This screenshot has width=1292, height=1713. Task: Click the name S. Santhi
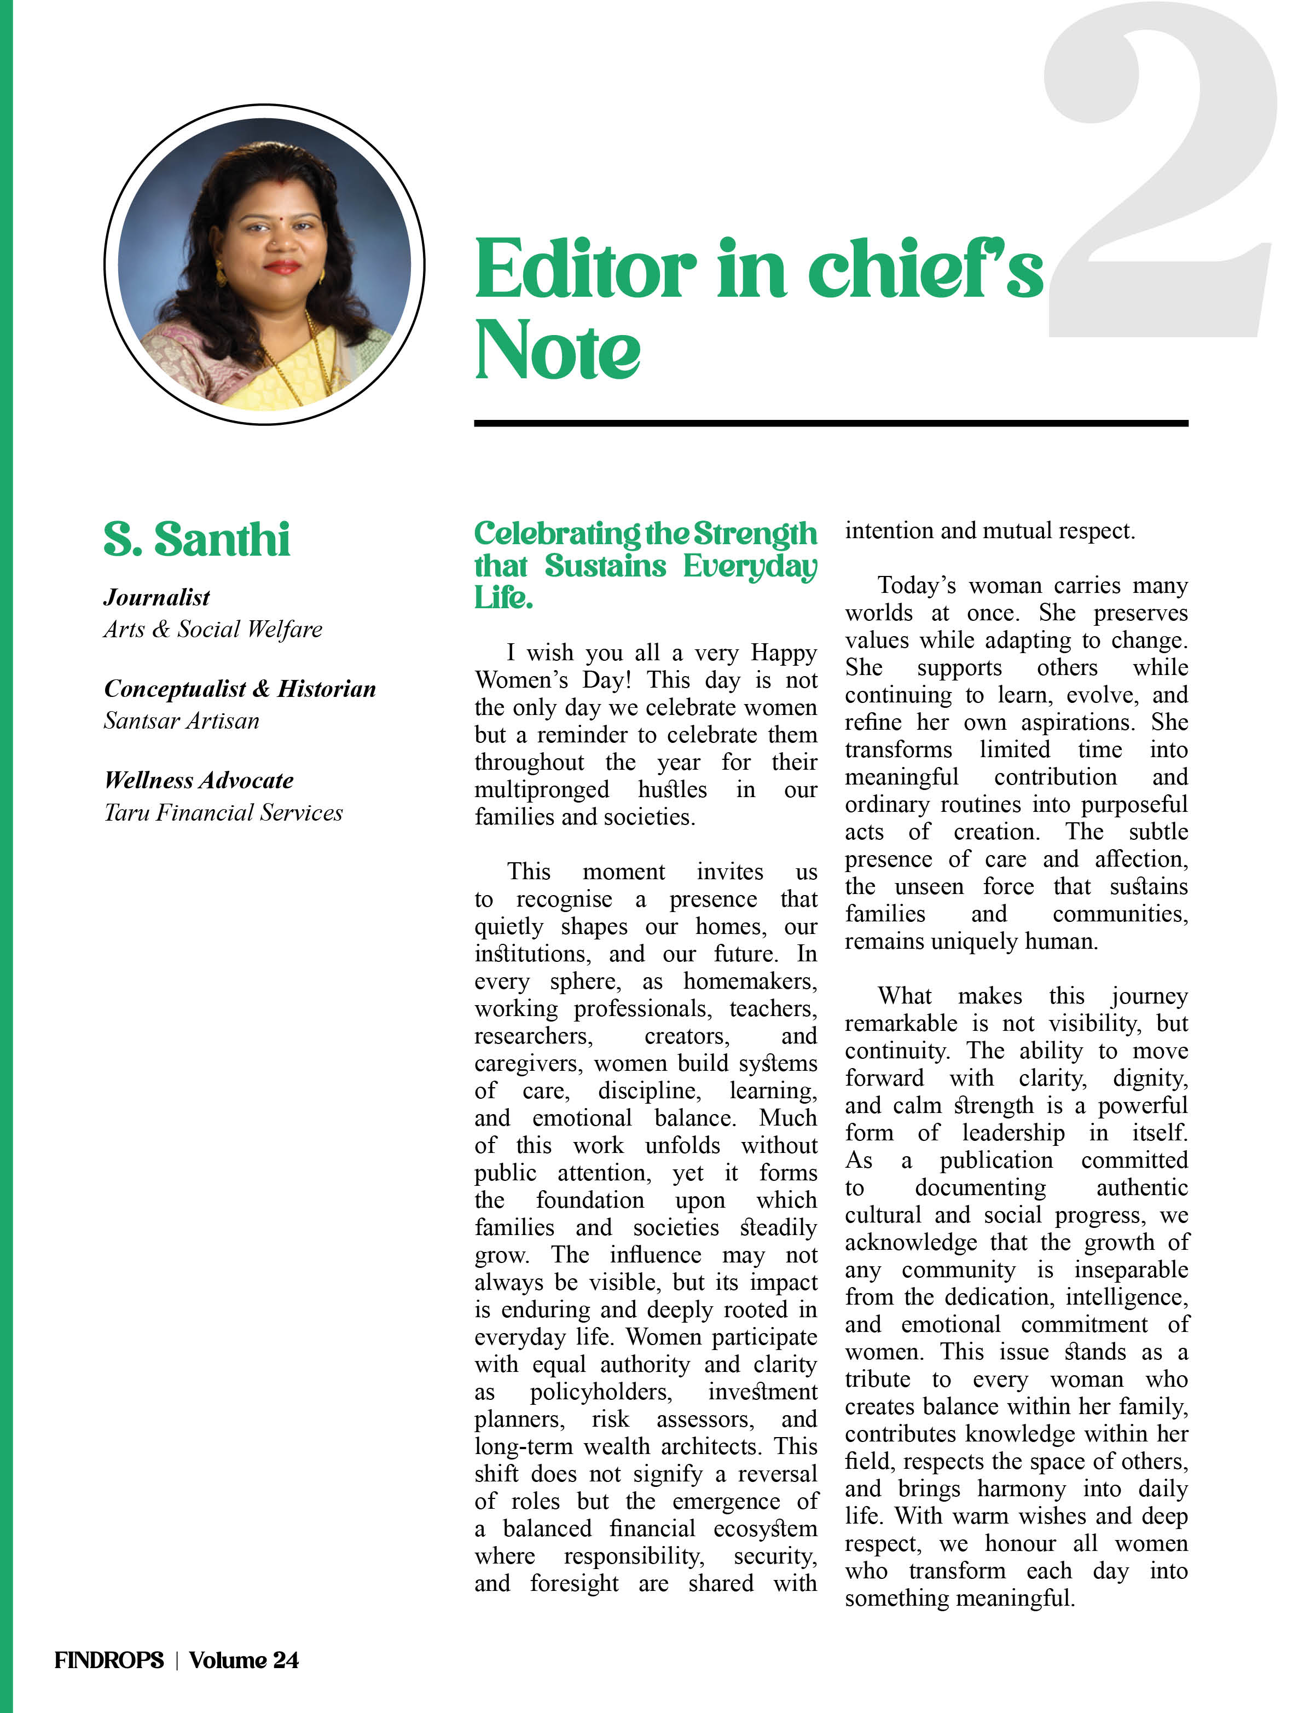coord(196,539)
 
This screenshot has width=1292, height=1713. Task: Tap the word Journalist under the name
coord(157,597)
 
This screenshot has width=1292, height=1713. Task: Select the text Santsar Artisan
coord(181,720)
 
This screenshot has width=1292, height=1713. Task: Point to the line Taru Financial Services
coord(223,812)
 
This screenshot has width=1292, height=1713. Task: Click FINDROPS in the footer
coord(109,1659)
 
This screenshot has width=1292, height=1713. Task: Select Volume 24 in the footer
coord(244,1659)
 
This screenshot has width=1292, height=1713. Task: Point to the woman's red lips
coord(282,267)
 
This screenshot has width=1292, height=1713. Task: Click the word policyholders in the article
coord(601,1392)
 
